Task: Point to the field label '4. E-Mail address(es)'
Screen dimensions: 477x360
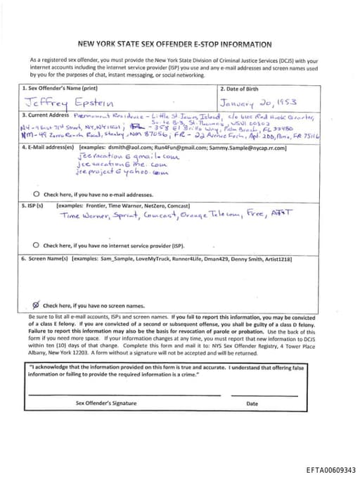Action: point(48,148)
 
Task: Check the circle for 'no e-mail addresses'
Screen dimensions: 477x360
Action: point(37,193)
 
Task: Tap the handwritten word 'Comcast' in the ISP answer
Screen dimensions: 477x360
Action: point(159,216)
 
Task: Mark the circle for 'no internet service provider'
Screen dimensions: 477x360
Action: point(37,246)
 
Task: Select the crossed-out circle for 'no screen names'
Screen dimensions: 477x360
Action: point(37,305)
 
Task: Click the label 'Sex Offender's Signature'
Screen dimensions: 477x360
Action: point(106,403)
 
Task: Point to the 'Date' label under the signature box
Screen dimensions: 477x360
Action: point(252,403)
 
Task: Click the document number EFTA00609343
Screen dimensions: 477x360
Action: point(331,469)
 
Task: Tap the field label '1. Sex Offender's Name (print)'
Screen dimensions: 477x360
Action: point(59,89)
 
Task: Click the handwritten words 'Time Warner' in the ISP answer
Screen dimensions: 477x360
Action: point(82,216)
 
